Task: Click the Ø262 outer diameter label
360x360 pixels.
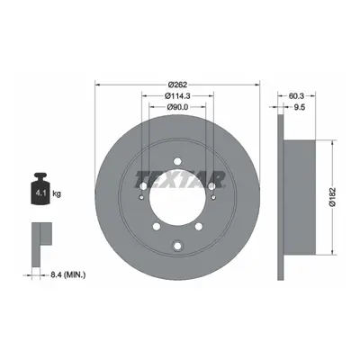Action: coord(177,85)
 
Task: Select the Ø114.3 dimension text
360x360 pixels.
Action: coord(177,96)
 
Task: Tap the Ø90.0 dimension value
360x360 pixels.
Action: coord(177,107)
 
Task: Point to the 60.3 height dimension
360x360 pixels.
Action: coord(296,96)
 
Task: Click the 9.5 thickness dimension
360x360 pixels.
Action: coord(299,107)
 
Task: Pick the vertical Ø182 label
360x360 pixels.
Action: coord(332,197)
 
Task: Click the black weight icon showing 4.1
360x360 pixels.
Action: coord(40,189)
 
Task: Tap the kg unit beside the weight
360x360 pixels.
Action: coord(57,193)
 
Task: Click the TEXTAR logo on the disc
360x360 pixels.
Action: coord(179,180)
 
